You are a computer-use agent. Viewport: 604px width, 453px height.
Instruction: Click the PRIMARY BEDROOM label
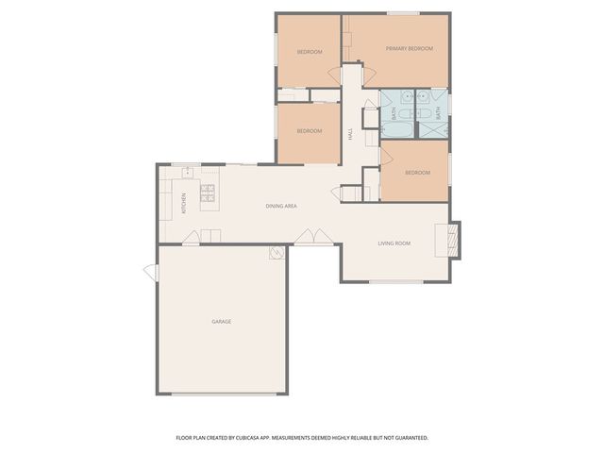(x=410, y=48)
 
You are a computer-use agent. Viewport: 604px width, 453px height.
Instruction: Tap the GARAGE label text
(x=221, y=322)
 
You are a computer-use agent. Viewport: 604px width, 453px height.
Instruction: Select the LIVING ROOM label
(x=394, y=243)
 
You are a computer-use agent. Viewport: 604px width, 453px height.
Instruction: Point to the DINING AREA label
(x=281, y=206)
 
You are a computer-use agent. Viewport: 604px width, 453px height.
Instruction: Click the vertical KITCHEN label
(x=184, y=202)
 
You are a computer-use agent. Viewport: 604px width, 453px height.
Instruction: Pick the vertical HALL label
(x=349, y=136)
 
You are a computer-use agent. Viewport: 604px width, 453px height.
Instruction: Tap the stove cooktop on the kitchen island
(x=208, y=196)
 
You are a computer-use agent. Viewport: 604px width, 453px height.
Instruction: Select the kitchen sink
(x=188, y=172)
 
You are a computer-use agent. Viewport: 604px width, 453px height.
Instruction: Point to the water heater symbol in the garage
(x=276, y=252)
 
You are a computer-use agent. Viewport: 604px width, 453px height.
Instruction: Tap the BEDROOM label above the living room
(x=417, y=173)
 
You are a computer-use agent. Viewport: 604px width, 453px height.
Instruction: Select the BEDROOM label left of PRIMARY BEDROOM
(x=309, y=51)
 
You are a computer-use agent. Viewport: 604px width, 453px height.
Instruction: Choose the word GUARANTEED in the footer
(x=408, y=438)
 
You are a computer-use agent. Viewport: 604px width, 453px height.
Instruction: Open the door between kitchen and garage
(x=191, y=240)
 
